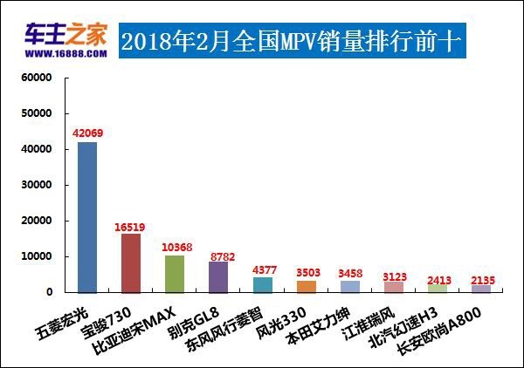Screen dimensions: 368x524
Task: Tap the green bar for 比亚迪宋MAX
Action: (x=175, y=273)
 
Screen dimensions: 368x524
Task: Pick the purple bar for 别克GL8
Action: (x=218, y=276)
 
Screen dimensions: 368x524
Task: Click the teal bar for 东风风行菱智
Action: (x=262, y=284)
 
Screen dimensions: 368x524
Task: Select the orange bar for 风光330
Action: (x=306, y=286)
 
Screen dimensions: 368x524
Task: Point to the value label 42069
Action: (x=87, y=132)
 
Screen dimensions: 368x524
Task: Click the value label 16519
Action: (x=131, y=226)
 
